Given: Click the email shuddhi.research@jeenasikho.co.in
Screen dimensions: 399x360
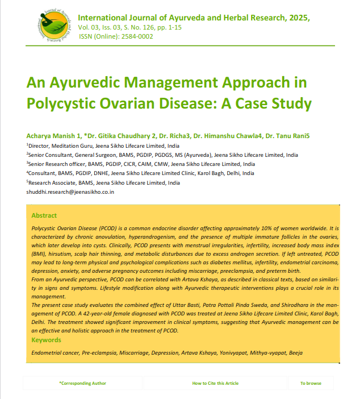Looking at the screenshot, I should tap(70, 192).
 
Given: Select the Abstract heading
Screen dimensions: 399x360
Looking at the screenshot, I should tap(44, 215).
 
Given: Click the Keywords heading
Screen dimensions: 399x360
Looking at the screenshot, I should tap(46, 340).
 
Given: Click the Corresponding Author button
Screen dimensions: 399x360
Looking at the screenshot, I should tap(83, 384).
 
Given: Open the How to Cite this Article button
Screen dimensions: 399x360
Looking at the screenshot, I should tap(215, 384).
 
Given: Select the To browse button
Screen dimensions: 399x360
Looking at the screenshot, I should tap(311, 384).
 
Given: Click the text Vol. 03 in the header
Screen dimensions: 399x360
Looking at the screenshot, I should tap(87, 27).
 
